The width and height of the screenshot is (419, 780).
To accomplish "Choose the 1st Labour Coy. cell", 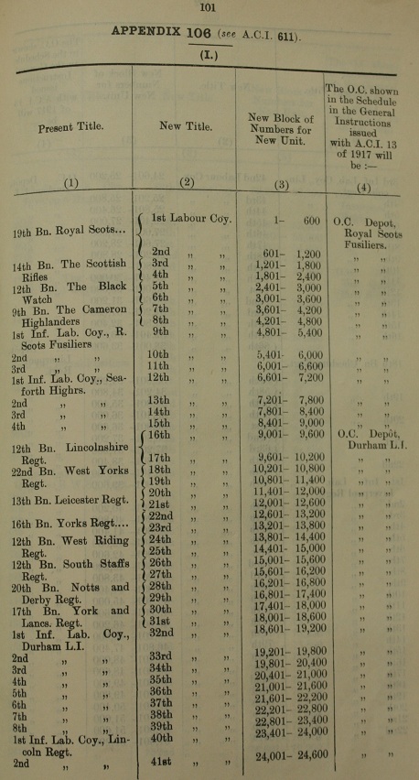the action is tap(192, 218).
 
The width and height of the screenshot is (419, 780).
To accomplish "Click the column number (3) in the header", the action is tap(280, 182).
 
